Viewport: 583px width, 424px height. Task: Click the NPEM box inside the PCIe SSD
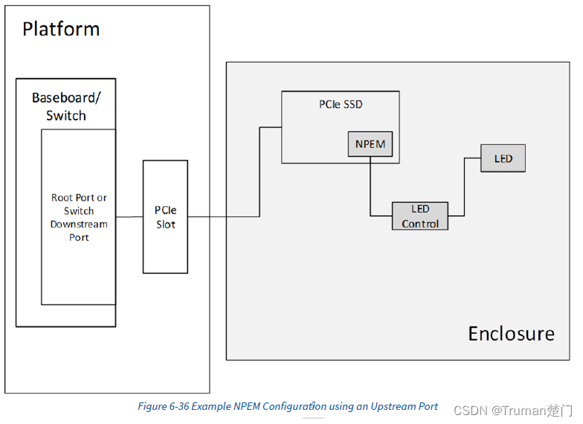tap(370, 144)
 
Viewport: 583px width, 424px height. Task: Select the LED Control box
tap(420, 216)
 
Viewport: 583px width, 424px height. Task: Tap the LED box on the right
tap(503, 158)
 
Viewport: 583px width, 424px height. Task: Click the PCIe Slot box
tap(165, 217)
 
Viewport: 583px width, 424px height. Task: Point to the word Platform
tap(61, 29)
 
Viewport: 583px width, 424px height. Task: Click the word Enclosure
tap(511, 333)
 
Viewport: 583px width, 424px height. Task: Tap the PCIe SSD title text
tap(341, 104)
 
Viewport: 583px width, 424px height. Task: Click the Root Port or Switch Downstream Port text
tap(79, 217)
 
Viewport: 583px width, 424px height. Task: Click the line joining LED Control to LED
tap(465, 186)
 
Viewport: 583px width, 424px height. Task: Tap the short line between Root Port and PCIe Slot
tap(129, 217)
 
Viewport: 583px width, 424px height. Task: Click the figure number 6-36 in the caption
tap(183, 407)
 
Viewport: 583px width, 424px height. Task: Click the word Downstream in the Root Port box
tap(79, 224)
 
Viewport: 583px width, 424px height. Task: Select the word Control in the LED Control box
tap(420, 223)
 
